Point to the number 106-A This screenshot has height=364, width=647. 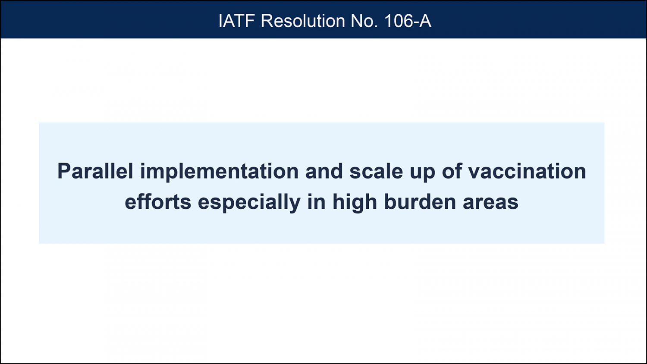408,21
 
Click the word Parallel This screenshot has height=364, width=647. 95,171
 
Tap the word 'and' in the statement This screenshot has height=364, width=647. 324,171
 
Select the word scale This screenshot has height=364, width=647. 376,171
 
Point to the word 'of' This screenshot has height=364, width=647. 452,171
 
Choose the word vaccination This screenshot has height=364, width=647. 527,171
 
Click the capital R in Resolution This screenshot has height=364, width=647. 267,21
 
